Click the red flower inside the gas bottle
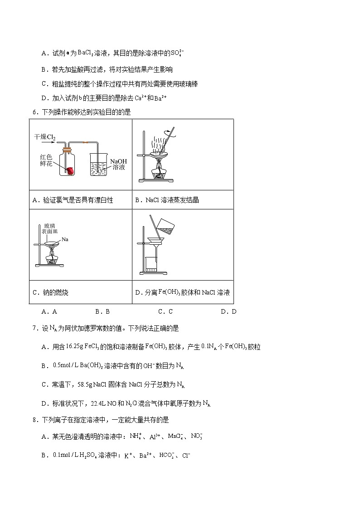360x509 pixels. tap(70, 170)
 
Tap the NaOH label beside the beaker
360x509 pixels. tap(118, 161)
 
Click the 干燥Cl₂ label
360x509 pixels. tap(45, 136)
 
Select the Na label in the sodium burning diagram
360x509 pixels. tap(65, 239)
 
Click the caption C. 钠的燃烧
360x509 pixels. tap(50, 292)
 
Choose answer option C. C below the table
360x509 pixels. tap(165, 311)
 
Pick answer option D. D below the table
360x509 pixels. tap(229, 311)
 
